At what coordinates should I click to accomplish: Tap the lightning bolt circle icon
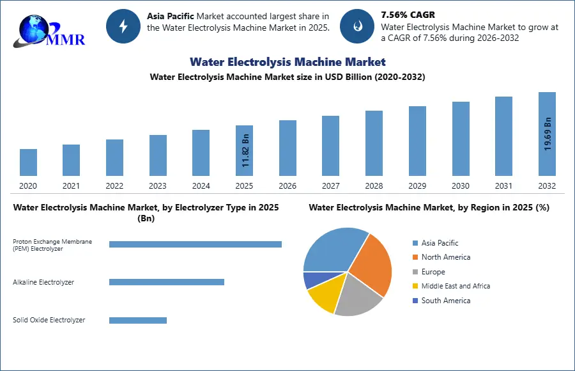[123, 26]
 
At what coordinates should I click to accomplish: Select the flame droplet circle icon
[357, 26]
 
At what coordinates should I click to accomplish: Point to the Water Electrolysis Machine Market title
[287, 62]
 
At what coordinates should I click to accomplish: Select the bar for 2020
[28, 162]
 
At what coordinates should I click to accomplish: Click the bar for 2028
[374, 143]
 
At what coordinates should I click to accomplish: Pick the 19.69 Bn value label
[548, 133]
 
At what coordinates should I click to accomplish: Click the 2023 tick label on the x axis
[158, 186]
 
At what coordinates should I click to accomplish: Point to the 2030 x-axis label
[461, 186]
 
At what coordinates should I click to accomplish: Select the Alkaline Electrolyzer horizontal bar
[167, 282]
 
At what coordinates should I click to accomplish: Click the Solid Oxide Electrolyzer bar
[138, 320]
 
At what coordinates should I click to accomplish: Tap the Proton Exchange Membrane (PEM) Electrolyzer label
[52, 244]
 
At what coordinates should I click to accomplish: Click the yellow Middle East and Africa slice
[321, 297]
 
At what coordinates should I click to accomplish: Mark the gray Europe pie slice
[358, 297]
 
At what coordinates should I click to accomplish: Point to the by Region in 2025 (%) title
[429, 207]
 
